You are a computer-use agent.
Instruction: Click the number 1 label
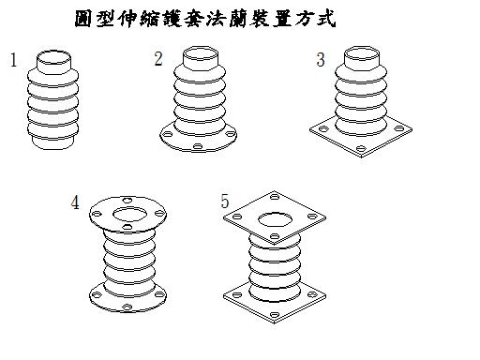(13, 60)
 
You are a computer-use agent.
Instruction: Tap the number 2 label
(158, 58)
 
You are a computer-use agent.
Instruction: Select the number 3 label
(321, 59)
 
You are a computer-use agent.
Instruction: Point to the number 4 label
(75, 202)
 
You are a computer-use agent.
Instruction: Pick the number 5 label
(225, 201)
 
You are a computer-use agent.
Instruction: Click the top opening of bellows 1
(53, 57)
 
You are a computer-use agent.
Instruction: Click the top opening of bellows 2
(200, 53)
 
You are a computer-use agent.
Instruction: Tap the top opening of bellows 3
(362, 53)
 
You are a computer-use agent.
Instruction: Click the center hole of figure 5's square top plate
(275, 219)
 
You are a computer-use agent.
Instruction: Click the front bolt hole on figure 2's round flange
(198, 146)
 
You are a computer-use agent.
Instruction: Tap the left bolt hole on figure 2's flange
(168, 134)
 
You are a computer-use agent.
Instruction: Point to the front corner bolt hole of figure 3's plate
(361, 148)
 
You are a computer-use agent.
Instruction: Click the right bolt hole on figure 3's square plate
(399, 128)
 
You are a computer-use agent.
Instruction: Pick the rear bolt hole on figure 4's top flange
(127, 200)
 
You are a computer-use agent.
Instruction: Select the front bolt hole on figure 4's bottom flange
(127, 307)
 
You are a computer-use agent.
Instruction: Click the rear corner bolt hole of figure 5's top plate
(275, 197)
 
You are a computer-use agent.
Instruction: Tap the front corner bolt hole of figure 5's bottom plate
(275, 314)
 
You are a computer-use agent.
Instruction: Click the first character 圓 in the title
(83, 19)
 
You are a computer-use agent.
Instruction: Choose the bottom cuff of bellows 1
(53, 142)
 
